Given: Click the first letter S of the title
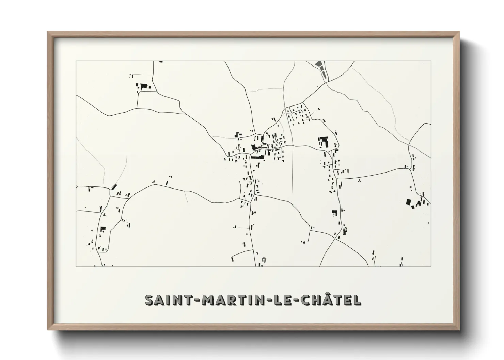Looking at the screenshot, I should (x=149, y=300).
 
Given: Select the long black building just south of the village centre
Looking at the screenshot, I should (x=257, y=157).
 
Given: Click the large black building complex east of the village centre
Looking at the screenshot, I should (x=323, y=141).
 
